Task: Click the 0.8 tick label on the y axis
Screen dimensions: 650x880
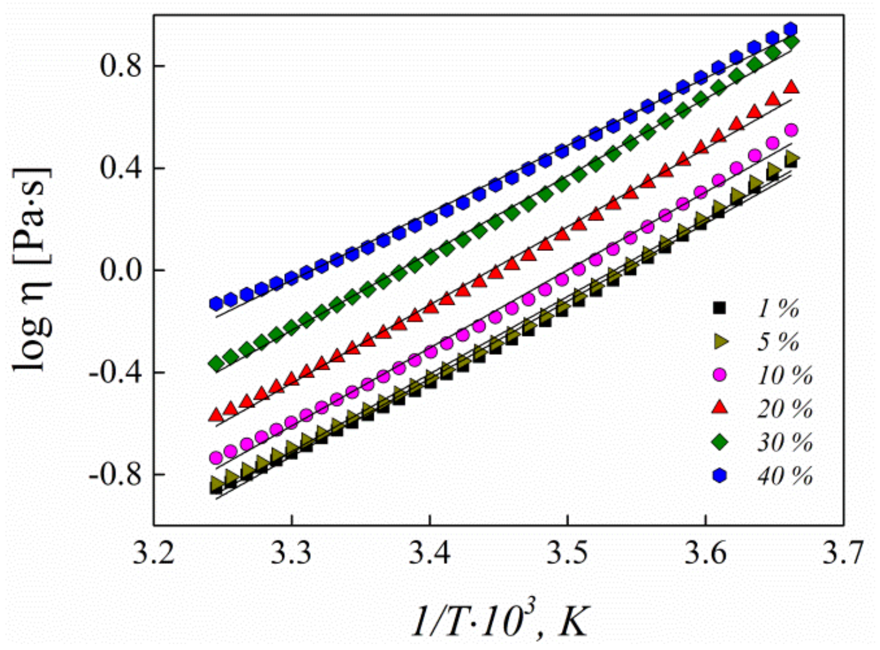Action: coord(121,66)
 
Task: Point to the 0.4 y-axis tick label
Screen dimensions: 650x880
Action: coord(121,168)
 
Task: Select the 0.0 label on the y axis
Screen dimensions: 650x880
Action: coord(121,270)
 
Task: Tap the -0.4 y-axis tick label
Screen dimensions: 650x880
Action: coord(116,372)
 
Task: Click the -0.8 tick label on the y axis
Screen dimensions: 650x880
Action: coord(116,474)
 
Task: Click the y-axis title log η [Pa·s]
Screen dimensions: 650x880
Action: coord(33,269)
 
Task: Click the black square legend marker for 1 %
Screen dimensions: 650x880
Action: coord(720,308)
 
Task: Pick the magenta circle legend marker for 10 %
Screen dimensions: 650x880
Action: coord(720,375)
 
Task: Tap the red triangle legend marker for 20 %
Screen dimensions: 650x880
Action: coord(720,408)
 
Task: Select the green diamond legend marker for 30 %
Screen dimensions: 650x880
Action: coord(720,442)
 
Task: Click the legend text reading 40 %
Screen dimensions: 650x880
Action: coord(785,476)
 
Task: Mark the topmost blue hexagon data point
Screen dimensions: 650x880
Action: coord(791,29)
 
